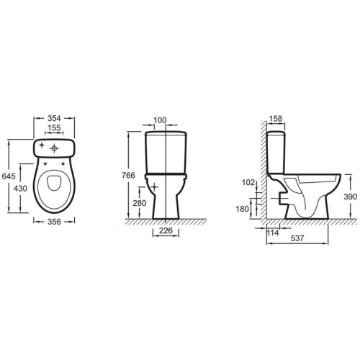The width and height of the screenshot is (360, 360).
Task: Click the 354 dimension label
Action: pos(54,118)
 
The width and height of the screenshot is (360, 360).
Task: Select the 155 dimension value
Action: pos(54,127)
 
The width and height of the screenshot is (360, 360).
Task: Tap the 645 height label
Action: pos(9,176)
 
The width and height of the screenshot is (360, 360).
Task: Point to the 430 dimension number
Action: pos(20,189)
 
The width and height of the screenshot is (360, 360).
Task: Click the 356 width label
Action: pos(54,222)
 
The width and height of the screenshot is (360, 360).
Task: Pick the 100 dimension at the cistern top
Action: pos(160,120)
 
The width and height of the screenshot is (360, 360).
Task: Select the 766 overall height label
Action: pos(128,176)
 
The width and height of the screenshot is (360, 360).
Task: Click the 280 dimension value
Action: pos(140,203)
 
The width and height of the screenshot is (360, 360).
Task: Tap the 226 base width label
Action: pos(166,230)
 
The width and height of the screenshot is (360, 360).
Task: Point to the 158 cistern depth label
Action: pos(276,119)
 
